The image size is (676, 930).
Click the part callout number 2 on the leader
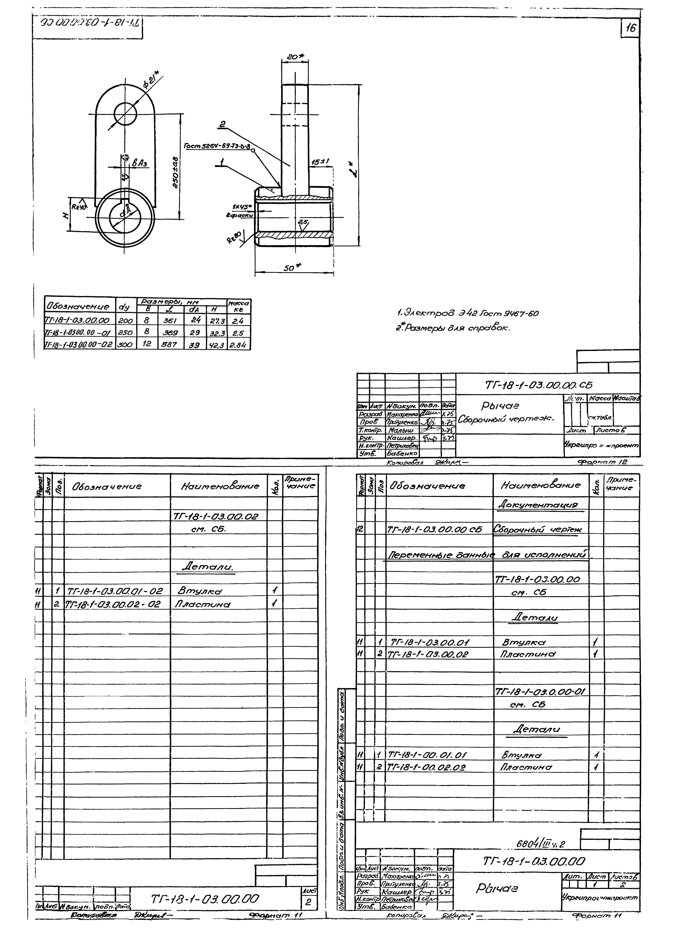point(222,124)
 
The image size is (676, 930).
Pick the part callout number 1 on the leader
point(222,163)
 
